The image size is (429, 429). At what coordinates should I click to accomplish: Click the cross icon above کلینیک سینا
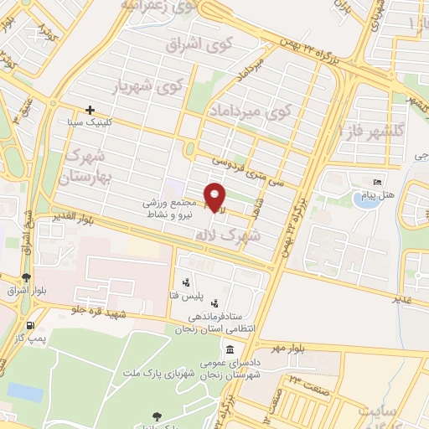[90, 110]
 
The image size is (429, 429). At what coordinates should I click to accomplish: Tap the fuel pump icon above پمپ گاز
[30, 325]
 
